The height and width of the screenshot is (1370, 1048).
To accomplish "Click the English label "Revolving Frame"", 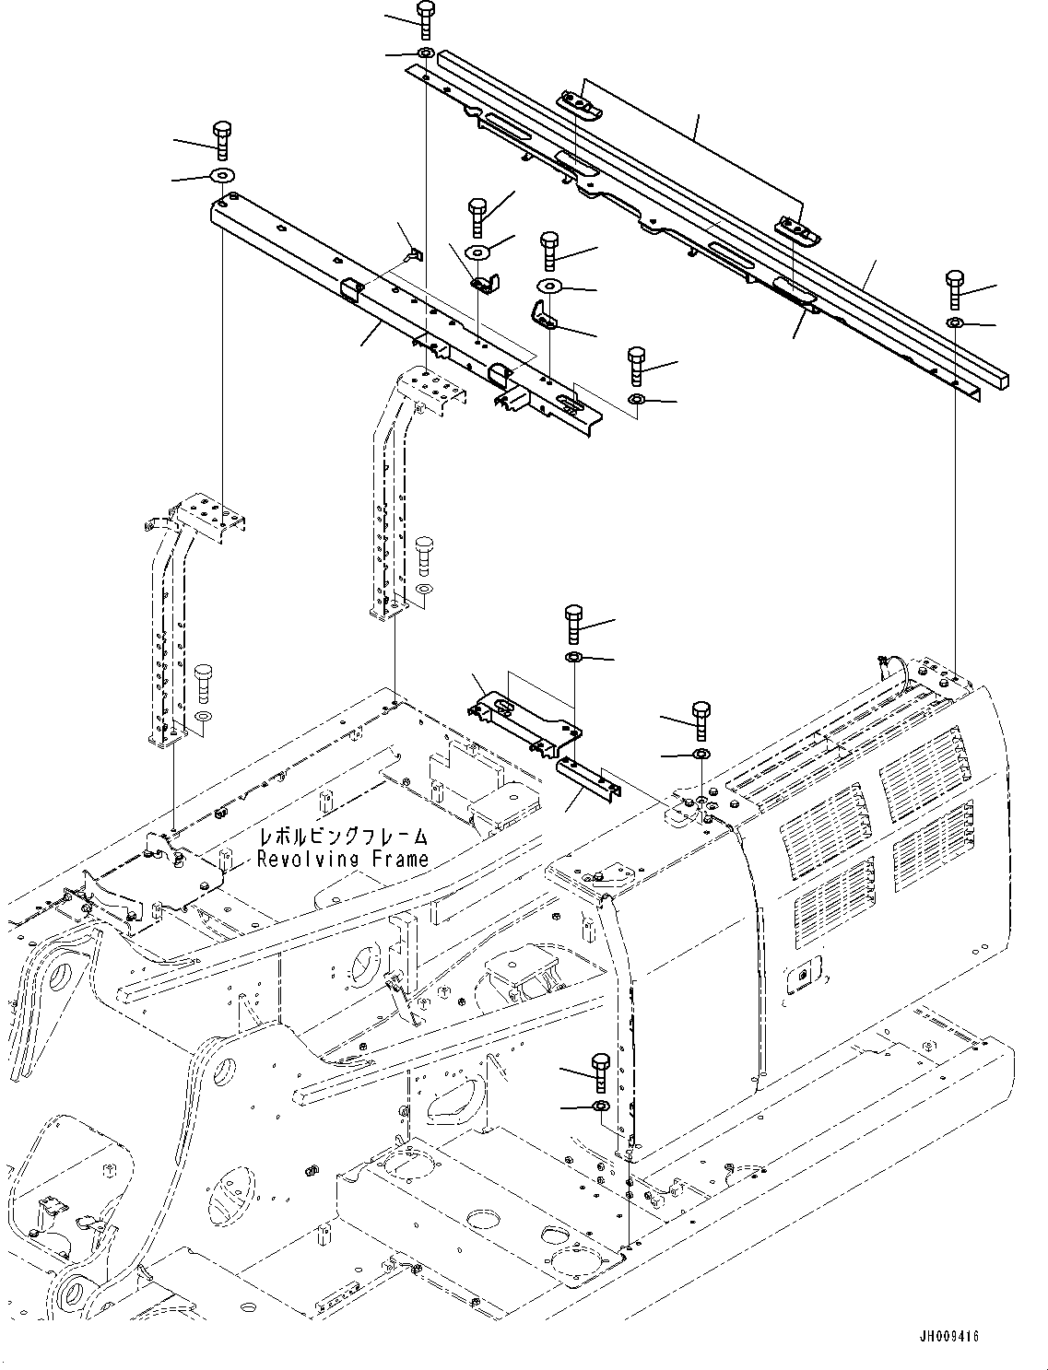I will pos(343,860).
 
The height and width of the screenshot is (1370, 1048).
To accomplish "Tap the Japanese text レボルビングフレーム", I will pos(344,837).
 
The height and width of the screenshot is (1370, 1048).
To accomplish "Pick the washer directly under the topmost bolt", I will pos(426,54).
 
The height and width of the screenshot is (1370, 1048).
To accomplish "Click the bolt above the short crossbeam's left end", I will pos(221,138).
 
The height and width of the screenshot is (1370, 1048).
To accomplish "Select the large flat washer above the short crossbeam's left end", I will pos(222,175).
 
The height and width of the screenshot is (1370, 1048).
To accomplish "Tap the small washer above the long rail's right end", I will pos(955,322).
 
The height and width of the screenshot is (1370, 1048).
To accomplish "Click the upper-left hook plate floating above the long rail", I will pos(578,104).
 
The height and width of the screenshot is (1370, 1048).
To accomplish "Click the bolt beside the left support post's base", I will pos(204,682).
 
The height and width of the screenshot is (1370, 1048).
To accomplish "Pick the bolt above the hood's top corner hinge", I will pos(701,719).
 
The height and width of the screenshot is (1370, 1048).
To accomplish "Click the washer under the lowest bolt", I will pos(601,1105).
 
